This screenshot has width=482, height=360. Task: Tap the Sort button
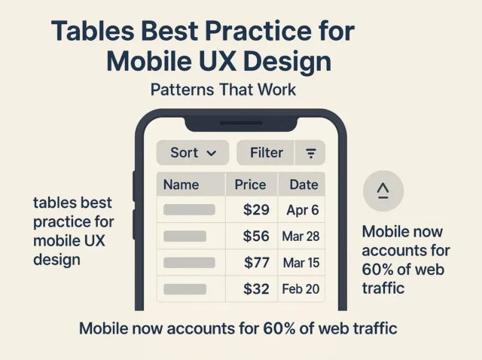pos(194,153)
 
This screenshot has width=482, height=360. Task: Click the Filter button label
pos(267,153)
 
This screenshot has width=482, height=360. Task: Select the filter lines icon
pos(310,153)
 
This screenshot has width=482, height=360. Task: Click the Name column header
pos(182,185)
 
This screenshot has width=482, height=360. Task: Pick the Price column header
pos(250,185)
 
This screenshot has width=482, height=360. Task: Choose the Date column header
pos(303,185)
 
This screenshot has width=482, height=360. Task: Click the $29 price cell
pos(256,210)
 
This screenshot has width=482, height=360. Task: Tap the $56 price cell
pos(256,236)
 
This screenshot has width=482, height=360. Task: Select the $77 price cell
pos(256,263)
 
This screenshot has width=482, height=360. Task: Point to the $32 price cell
pos(256,288)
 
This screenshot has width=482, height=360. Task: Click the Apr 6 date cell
pos(302,210)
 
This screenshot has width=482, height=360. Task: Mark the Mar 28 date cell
pos(301,236)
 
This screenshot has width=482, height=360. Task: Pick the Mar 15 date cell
pos(301,263)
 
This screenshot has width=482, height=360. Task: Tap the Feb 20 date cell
pos(301,288)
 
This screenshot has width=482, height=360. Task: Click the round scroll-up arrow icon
pos(383,191)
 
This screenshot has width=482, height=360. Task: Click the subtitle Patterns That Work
pos(223,90)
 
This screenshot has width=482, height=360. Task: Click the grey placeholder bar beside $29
pos(189,210)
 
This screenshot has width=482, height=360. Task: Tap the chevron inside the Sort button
pos(212,154)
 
